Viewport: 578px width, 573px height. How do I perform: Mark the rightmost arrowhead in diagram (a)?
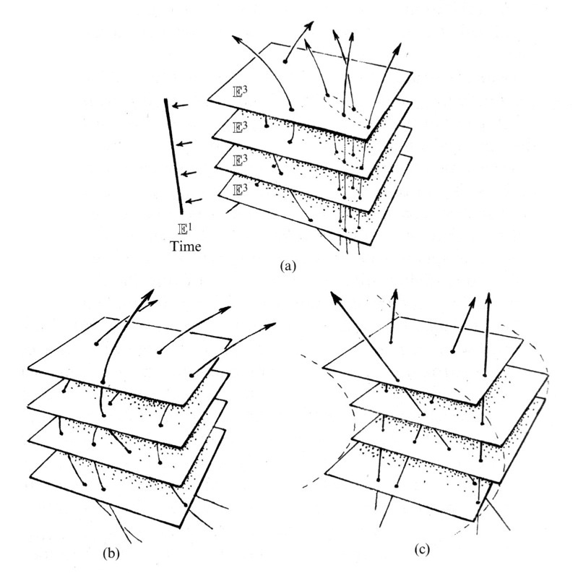pos(398,48)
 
